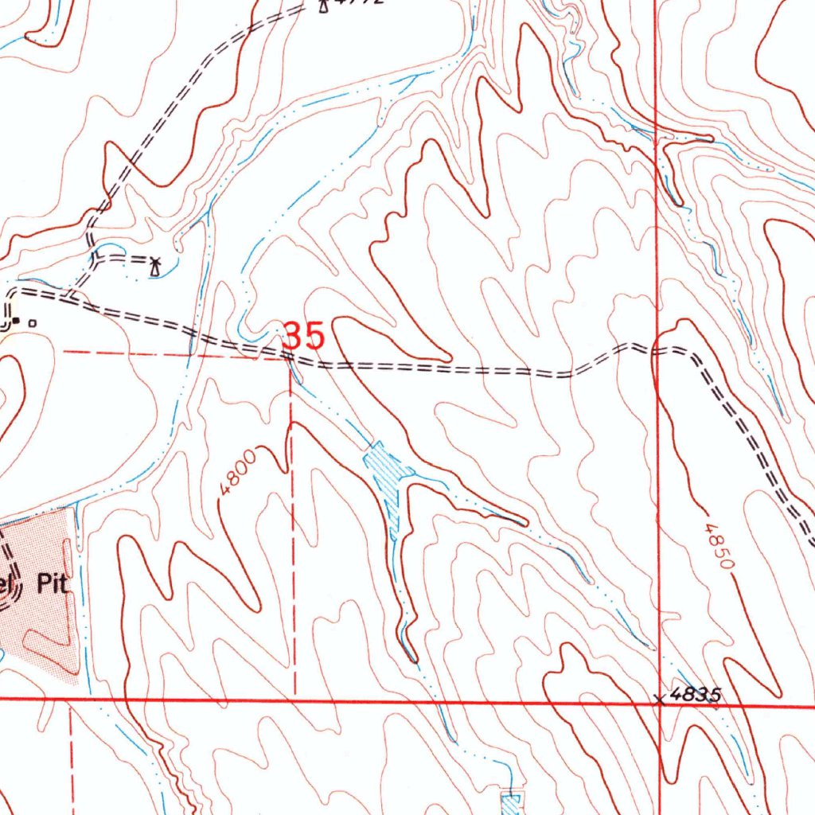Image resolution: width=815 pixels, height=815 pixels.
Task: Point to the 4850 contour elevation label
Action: (x=718, y=546)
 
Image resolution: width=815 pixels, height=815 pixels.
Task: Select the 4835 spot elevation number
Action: (x=696, y=694)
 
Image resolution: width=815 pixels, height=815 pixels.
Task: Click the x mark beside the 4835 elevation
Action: (x=658, y=700)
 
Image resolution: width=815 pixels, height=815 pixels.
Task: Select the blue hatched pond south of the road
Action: (x=385, y=478)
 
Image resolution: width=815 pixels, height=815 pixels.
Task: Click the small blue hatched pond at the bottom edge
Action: (x=509, y=802)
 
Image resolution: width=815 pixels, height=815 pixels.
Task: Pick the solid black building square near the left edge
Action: (x=17, y=322)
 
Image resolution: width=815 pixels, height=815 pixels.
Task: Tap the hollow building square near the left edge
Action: (x=32, y=323)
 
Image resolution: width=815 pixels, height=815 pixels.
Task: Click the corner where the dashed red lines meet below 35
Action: (x=290, y=358)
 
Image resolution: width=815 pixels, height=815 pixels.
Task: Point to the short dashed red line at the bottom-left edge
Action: (x=72, y=756)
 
